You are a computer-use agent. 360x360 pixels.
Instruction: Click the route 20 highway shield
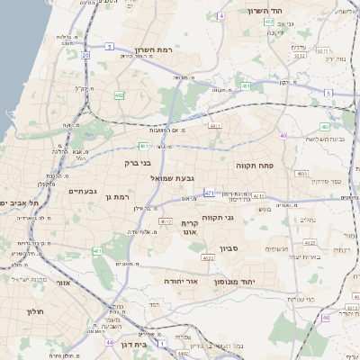click(85, 56)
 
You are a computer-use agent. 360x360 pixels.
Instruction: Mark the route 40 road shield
click(283, 136)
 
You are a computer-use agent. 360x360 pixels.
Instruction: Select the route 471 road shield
click(210, 193)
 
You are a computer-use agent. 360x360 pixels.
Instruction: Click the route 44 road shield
click(109, 343)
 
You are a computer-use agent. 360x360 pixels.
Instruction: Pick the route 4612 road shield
click(165, 220)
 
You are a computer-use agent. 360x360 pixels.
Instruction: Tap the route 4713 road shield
click(258, 194)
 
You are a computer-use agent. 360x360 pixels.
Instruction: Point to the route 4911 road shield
click(214, 127)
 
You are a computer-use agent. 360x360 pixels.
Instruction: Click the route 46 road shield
click(326, 317)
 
